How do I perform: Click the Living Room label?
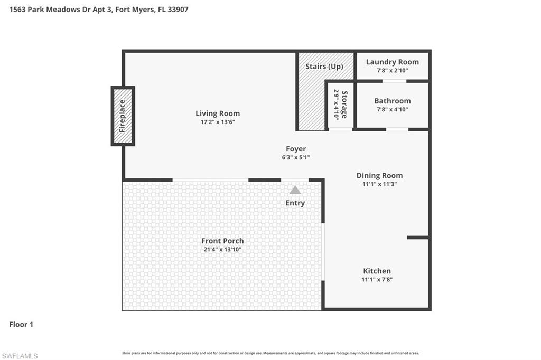(218, 113)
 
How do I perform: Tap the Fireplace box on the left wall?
(123, 116)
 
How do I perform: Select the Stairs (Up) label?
(324, 67)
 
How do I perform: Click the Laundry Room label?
(392, 62)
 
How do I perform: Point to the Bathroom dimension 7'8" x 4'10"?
(392, 110)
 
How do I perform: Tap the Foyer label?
(296, 149)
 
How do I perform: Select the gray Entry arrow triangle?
(295, 190)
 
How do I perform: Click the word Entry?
(295, 203)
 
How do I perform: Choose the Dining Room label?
(379, 176)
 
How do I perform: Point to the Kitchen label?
(377, 271)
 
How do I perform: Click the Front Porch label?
(222, 241)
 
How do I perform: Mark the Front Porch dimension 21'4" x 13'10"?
(222, 250)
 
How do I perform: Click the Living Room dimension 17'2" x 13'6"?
(218, 122)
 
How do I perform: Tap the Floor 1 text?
(21, 325)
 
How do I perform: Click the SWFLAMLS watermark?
(20, 356)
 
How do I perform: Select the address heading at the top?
(99, 10)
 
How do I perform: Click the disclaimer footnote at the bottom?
(270, 353)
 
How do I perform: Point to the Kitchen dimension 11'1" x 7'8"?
(377, 280)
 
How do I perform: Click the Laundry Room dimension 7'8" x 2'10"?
(392, 70)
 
